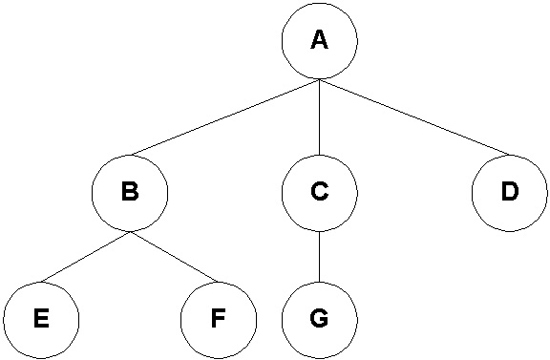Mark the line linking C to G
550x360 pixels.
[x=320, y=257]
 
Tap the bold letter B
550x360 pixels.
[x=130, y=192]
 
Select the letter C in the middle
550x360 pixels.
[x=320, y=192]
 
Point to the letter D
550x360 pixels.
[x=509, y=192]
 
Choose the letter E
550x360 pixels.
[x=40, y=319]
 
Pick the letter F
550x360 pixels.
[x=219, y=319]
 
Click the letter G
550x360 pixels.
[x=320, y=319]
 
